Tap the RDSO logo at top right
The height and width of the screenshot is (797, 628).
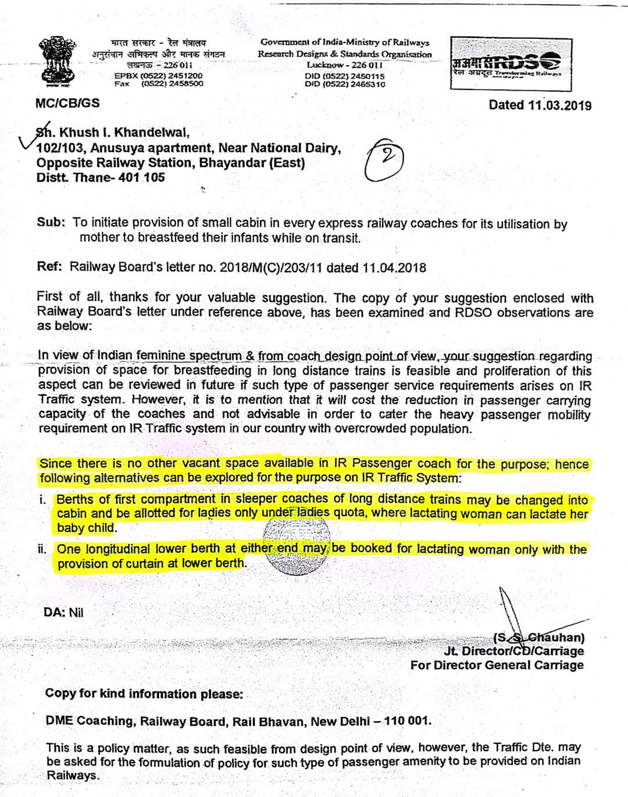(511, 62)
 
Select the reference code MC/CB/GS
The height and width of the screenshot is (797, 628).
(67, 103)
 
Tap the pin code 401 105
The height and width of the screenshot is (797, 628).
(141, 177)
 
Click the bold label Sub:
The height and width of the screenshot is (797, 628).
(51, 223)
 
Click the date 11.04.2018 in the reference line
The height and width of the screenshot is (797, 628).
(394, 268)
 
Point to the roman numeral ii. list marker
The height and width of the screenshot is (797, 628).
(42, 549)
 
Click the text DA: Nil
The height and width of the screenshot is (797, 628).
(63, 612)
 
